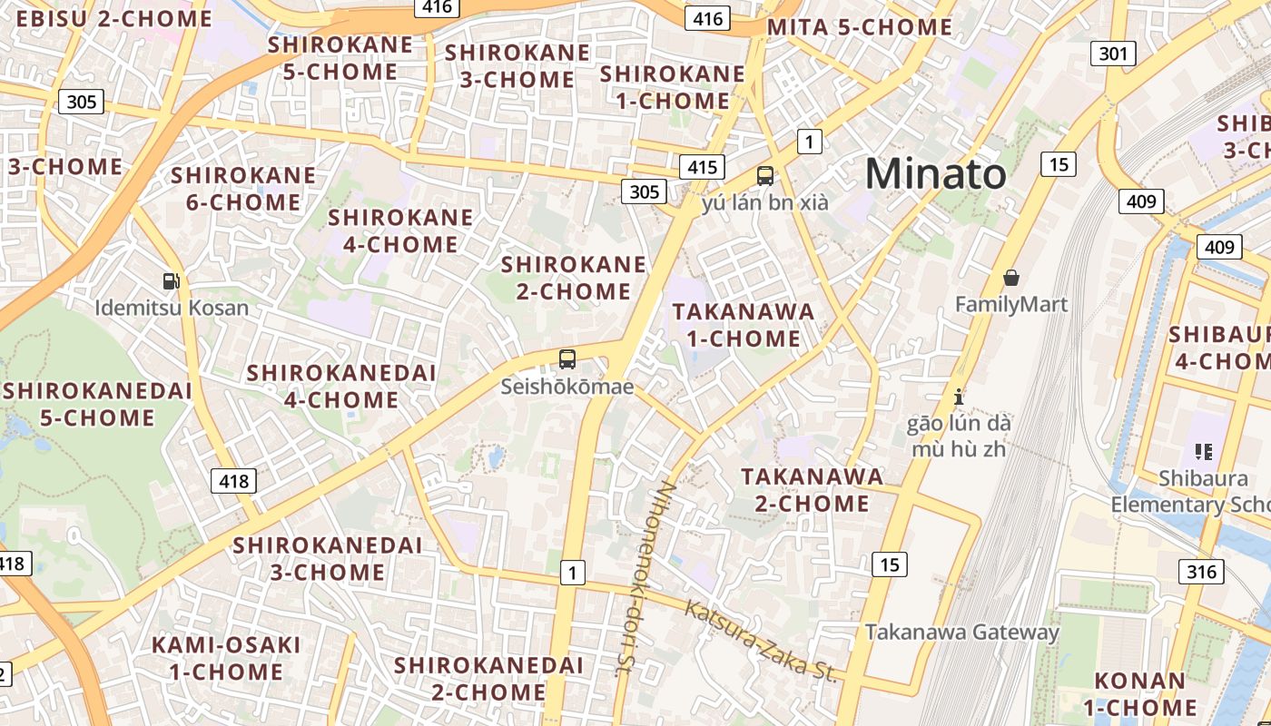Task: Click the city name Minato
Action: coord(935,173)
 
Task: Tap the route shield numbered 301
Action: coord(1113,54)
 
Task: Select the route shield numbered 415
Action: coord(702,167)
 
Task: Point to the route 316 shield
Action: coord(1201,571)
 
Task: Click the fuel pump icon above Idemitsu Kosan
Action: coord(171,281)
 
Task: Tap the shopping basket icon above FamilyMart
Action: coord(1011,278)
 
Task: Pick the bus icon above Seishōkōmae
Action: coord(567,359)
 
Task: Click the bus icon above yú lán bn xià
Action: coord(765,176)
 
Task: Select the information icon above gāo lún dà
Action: coord(959,397)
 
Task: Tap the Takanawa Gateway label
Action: coord(961,632)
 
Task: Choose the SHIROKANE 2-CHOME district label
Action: coord(574,278)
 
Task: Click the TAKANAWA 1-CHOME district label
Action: coord(744,325)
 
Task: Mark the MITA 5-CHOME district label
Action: coord(859,27)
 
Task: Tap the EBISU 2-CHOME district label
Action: coord(108,18)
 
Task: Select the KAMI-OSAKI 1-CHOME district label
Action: coord(226,658)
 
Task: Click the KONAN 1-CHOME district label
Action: coord(1145,693)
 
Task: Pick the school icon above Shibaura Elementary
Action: coord(1204,451)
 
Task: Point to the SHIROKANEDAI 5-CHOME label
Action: coord(97,404)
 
